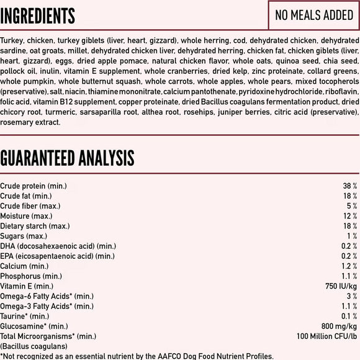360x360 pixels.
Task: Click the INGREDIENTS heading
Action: tap(38, 16)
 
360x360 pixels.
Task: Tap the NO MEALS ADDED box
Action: tap(314, 15)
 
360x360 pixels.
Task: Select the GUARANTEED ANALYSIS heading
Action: tap(67, 158)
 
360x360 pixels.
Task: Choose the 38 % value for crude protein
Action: tap(350, 186)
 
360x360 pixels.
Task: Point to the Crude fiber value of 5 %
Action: tap(352, 205)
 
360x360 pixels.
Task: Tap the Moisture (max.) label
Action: tap(30, 215)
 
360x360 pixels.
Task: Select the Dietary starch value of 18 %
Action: tap(350, 226)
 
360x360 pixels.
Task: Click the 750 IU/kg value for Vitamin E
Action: tap(340, 286)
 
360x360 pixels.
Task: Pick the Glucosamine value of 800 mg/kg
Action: tap(338, 326)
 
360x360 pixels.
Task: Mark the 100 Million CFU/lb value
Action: tap(326, 336)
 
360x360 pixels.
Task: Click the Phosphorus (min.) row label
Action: tap(31, 276)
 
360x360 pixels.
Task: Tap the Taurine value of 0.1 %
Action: tap(349, 316)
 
